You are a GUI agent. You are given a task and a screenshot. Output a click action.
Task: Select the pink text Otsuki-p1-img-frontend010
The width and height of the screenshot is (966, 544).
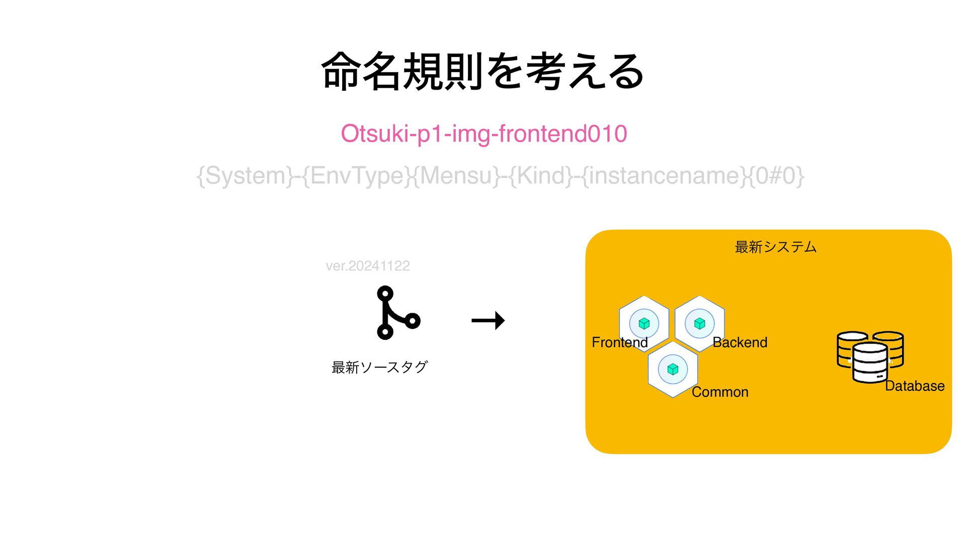[x=484, y=134]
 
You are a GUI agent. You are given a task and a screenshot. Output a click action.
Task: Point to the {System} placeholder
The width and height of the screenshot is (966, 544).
[x=245, y=176]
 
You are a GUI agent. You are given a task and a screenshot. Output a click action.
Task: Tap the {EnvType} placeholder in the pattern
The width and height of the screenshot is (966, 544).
[x=357, y=176]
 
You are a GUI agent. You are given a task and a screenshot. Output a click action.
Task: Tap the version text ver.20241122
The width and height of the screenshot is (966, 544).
[x=368, y=266]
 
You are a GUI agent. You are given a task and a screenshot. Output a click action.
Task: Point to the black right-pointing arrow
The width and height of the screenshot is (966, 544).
[x=488, y=320]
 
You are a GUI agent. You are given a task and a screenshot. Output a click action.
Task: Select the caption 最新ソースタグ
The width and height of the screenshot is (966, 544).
[x=379, y=367]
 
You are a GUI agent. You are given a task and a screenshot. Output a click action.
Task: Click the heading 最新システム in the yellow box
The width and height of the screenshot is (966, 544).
[x=775, y=247]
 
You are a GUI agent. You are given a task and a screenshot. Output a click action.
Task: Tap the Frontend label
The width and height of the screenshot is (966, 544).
[x=619, y=343]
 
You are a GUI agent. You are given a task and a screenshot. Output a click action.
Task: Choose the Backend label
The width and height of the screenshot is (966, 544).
[x=740, y=343]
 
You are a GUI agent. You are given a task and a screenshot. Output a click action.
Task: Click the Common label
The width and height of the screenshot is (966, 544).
[x=720, y=392]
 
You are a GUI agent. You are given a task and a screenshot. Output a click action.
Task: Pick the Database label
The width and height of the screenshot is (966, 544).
[x=914, y=386]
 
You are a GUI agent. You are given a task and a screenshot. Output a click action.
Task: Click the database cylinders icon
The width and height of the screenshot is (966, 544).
[x=870, y=356]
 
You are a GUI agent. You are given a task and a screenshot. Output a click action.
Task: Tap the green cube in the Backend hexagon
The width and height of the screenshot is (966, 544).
[x=699, y=323]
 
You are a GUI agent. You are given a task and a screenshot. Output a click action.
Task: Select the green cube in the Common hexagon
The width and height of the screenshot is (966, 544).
[x=673, y=369]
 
